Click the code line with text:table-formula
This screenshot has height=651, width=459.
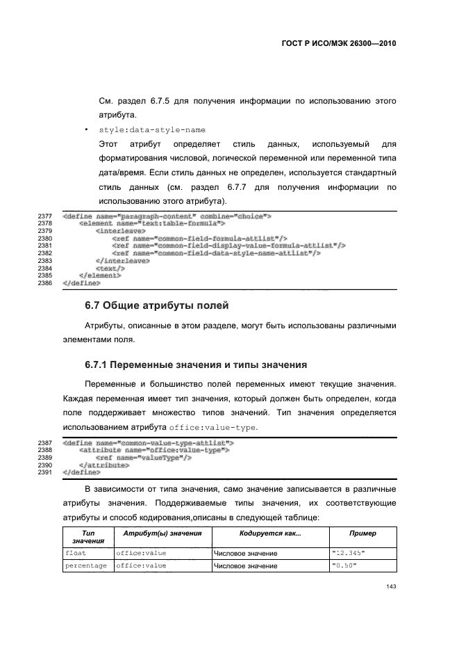pos(153,223)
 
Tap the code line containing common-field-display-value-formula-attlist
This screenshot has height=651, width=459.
pos(228,246)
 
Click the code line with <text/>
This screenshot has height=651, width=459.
pos(110,268)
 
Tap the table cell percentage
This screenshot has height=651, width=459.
pos(85,566)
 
